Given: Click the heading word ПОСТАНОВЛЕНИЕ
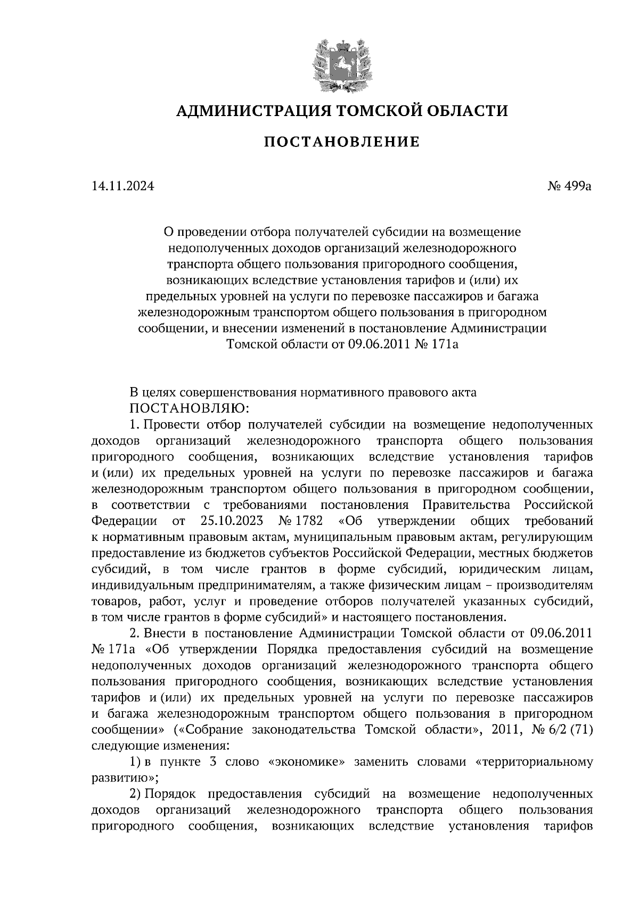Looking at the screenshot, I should (x=341, y=142).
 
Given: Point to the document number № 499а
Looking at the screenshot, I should (x=569, y=186).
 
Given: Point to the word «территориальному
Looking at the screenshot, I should (x=533, y=761).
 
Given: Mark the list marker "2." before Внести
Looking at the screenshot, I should (x=135, y=633).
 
